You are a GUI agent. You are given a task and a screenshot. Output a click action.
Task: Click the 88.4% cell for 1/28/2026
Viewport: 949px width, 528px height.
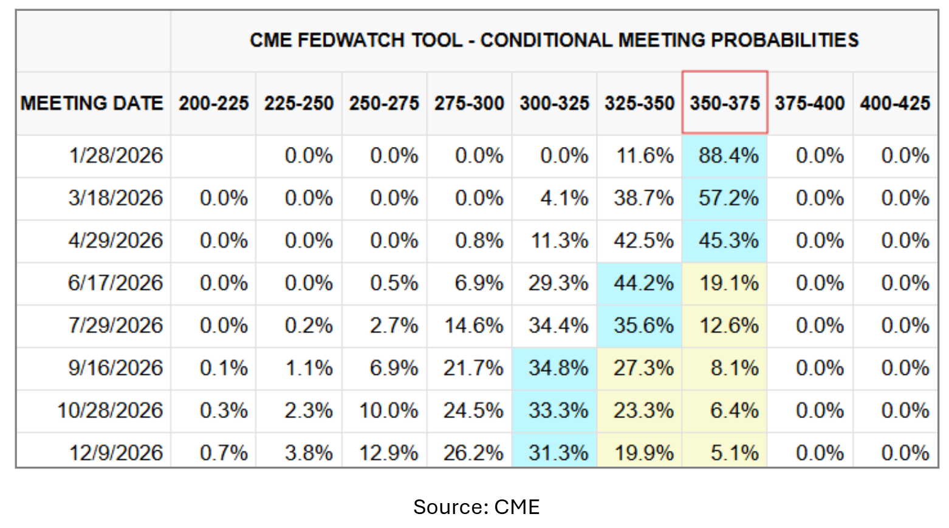pyautogui.click(x=727, y=156)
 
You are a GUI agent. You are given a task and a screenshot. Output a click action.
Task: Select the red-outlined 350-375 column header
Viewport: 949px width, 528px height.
pyautogui.click(x=724, y=103)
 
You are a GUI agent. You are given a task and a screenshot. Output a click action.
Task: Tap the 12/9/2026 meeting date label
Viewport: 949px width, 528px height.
pyautogui.click(x=115, y=453)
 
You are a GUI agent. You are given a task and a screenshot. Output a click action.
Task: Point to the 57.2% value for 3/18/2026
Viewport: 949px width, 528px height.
pyautogui.click(x=728, y=198)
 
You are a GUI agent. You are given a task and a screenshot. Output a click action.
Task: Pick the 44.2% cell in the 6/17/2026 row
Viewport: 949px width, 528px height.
pyautogui.click(x=643, y=283)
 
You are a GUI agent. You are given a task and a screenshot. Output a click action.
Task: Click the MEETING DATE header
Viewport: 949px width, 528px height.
pyautogui.click(x=92, y=103)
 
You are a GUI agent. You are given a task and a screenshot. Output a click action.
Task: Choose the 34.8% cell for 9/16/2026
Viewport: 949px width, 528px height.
pyautogui.click(x=558, y=368)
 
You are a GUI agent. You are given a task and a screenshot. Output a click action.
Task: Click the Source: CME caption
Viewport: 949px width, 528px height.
pyautogui.click(x=476, y=507)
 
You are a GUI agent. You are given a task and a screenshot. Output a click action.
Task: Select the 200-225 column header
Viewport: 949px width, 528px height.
pyautogui.click(x=213, y=103)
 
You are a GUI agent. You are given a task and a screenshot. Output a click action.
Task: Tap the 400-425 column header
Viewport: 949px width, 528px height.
pyautogui.click(x=894, y=103)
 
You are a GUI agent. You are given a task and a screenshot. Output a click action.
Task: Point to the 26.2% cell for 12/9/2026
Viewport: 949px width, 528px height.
pyautogui.click(x=473, y=453)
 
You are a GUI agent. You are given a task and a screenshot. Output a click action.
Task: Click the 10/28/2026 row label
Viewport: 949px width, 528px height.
pyautogui.click(x=110, y=411)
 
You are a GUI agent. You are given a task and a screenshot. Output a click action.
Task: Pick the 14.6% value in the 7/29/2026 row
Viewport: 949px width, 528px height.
pyautogui.click(x=473, y=326)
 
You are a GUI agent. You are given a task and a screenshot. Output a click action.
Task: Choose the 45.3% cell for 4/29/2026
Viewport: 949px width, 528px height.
pyautogui.click(x=728, y=241)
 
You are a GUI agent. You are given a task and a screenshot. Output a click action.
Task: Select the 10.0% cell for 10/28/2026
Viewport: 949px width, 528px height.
pyautogui.click(x=388, y=411)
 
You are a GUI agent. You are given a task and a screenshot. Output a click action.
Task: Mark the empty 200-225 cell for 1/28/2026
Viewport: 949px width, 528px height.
pyautogui.click(x=213, y=156)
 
